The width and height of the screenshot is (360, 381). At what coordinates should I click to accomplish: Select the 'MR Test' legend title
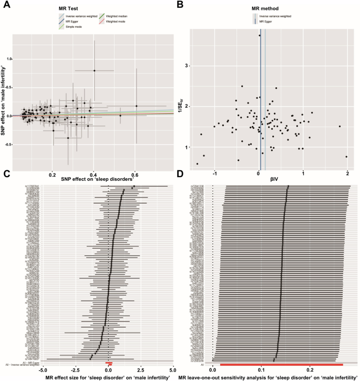[x=68, y=9]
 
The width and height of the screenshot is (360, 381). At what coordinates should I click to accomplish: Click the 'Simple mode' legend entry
[x=68, y=27]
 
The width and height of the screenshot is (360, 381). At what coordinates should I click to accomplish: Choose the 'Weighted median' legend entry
[x=111, y=16]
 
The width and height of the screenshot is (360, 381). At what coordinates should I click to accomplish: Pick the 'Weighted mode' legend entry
[x=110, y=22]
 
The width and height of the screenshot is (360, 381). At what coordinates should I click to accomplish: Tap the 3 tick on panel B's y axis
[x=185, y=65]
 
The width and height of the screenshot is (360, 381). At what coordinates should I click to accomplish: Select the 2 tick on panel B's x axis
[x=347, y=165]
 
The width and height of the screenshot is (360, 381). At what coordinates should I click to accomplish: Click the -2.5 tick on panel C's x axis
[x=75, y=371]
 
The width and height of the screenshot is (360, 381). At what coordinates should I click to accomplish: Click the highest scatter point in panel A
[x=95, y=70]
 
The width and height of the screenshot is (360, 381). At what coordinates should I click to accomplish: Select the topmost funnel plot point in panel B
[x=260, y=36]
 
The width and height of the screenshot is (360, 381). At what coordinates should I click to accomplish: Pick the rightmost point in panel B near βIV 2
[x=346, y=157]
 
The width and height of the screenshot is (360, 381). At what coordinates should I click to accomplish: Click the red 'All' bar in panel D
[x=281, y=364]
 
